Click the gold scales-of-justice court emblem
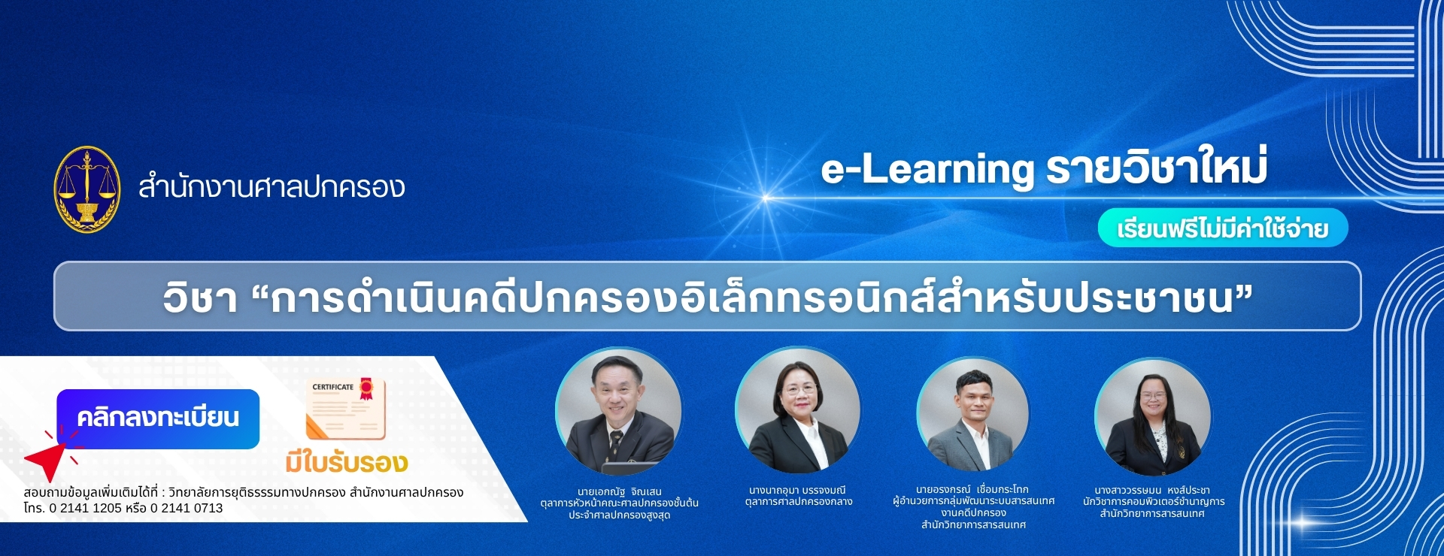coord(87,189)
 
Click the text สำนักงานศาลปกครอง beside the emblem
coord(272,186)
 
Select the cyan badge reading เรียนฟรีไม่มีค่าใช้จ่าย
coord(1223,228)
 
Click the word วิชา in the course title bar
coord(200,298)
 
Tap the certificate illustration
coord(346,408)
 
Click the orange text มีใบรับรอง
coord(346,462)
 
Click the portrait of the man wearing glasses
coord(618,412)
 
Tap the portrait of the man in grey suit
coord(973,415)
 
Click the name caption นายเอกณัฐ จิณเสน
coord(620,491)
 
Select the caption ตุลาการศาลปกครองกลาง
coord(799,502)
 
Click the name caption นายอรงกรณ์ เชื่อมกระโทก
coord(972,489)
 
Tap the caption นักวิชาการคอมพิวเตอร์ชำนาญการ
coord(1154,502)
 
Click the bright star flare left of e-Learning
coord(766,198)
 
